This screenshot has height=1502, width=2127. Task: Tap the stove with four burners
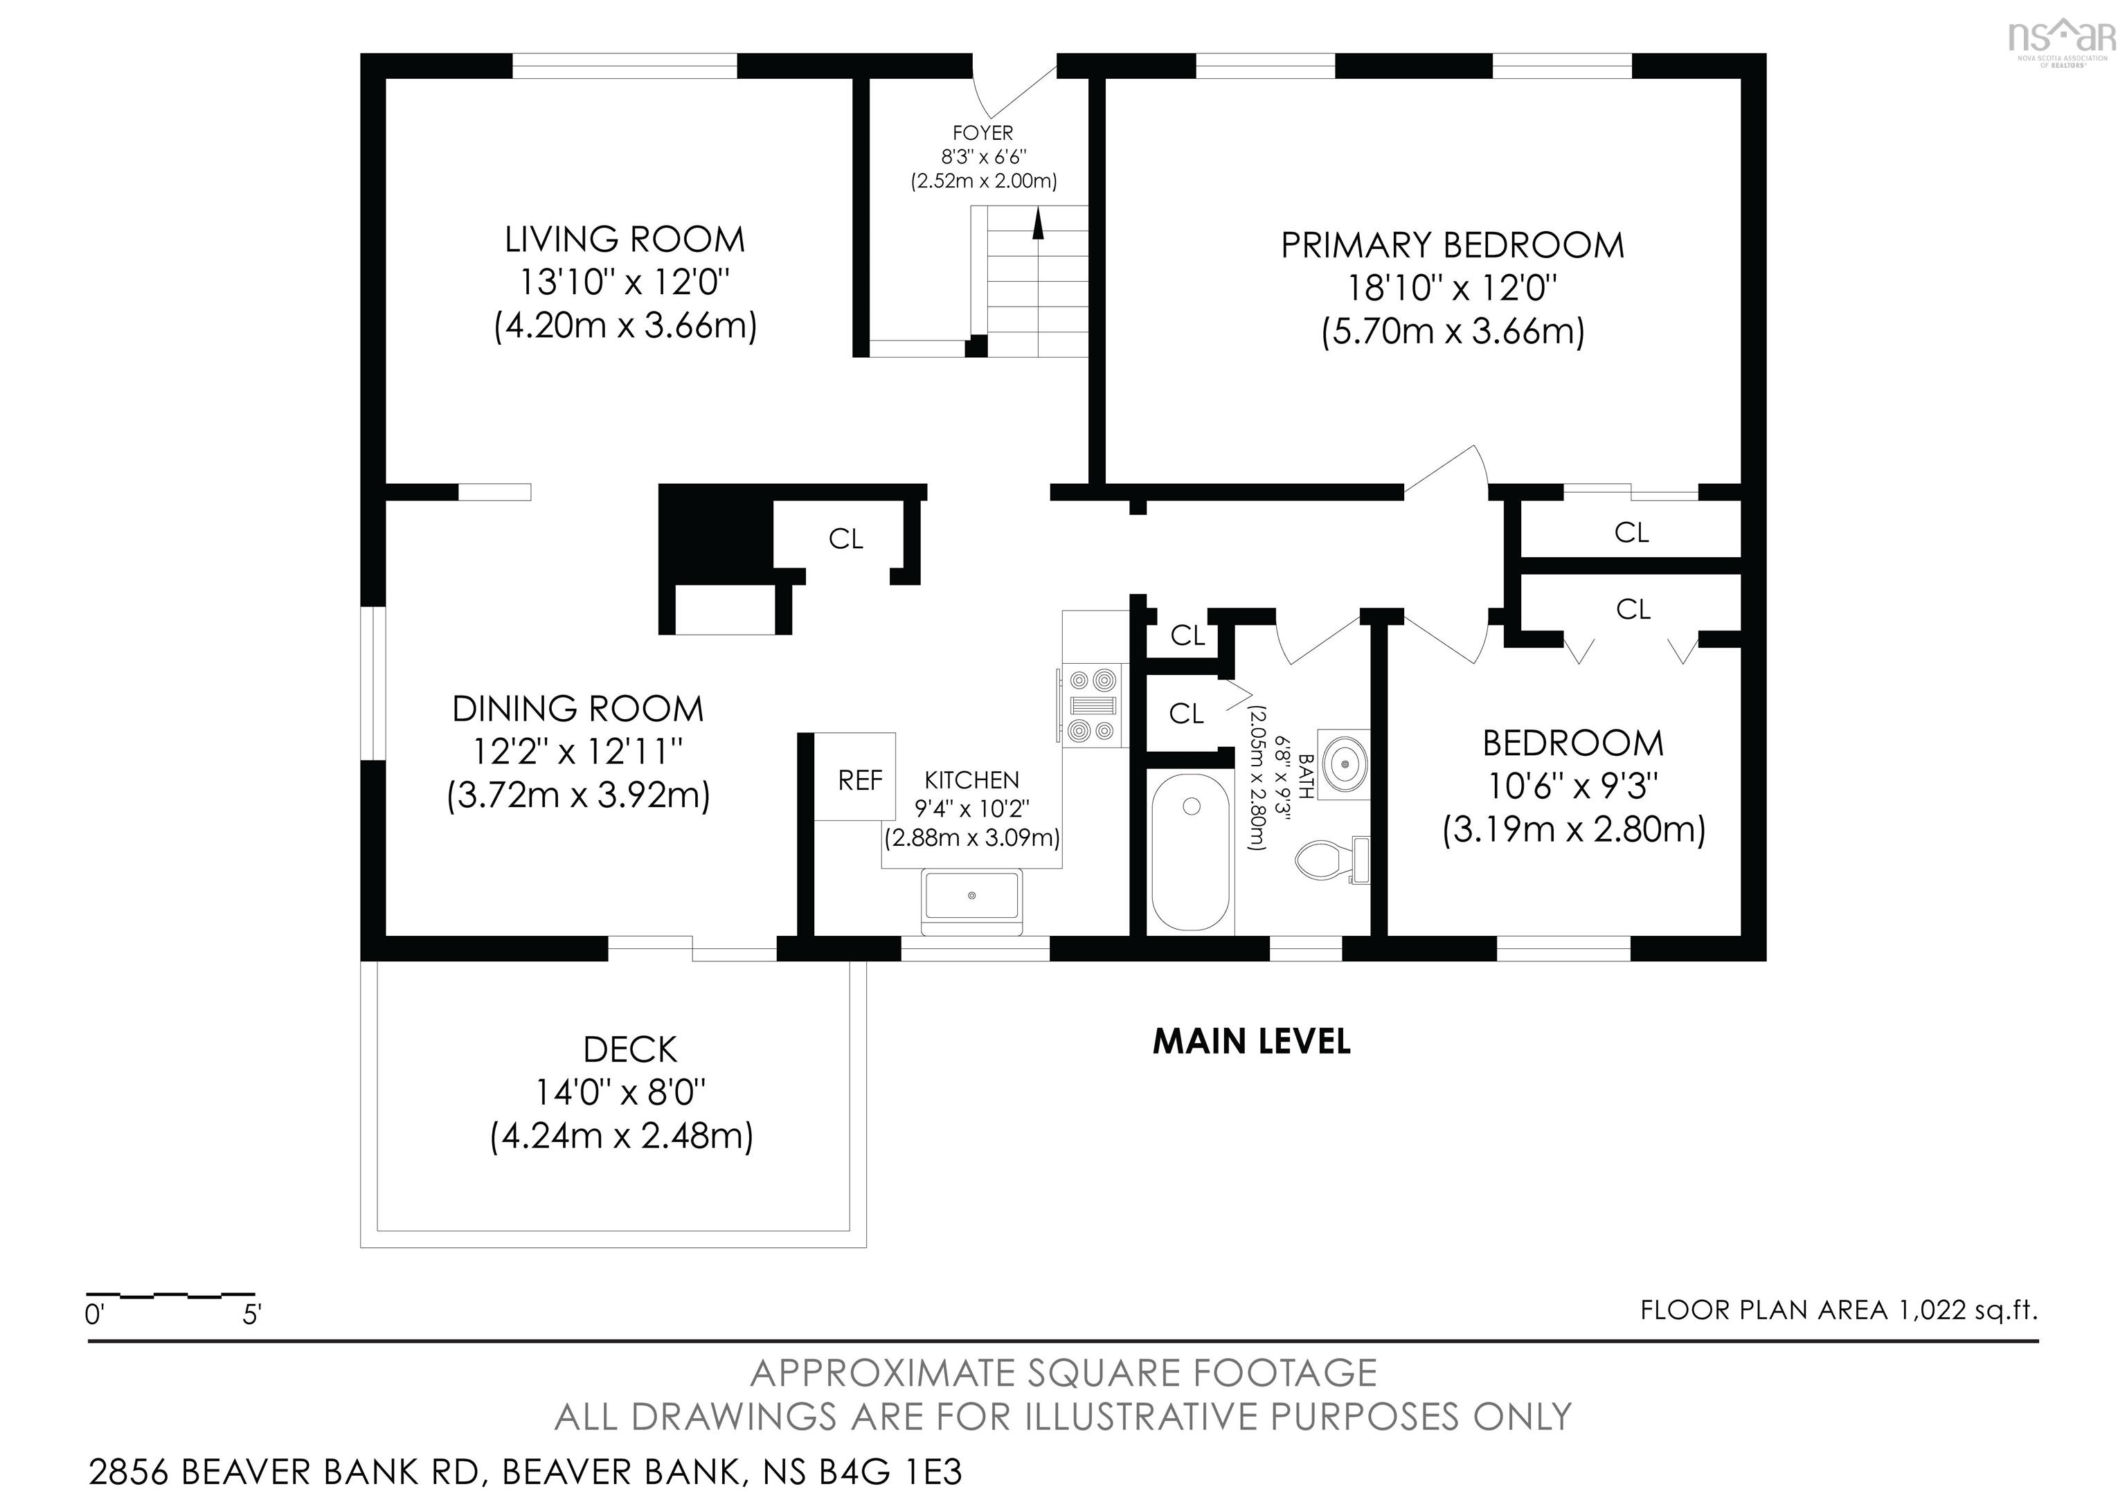click(1092, 705)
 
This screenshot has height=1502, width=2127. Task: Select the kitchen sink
click(972, 902)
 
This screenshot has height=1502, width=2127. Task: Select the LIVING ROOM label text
click(625, 240)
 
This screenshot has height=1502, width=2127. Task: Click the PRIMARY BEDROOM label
click(1453, 246)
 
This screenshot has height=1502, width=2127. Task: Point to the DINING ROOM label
click(578, 709)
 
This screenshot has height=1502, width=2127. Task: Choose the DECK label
click(630, 1050)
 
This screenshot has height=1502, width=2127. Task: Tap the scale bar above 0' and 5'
click(170, 1294)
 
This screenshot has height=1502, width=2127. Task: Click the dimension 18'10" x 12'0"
click(1452, 288)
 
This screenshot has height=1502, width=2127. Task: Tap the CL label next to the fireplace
click(845, 539)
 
